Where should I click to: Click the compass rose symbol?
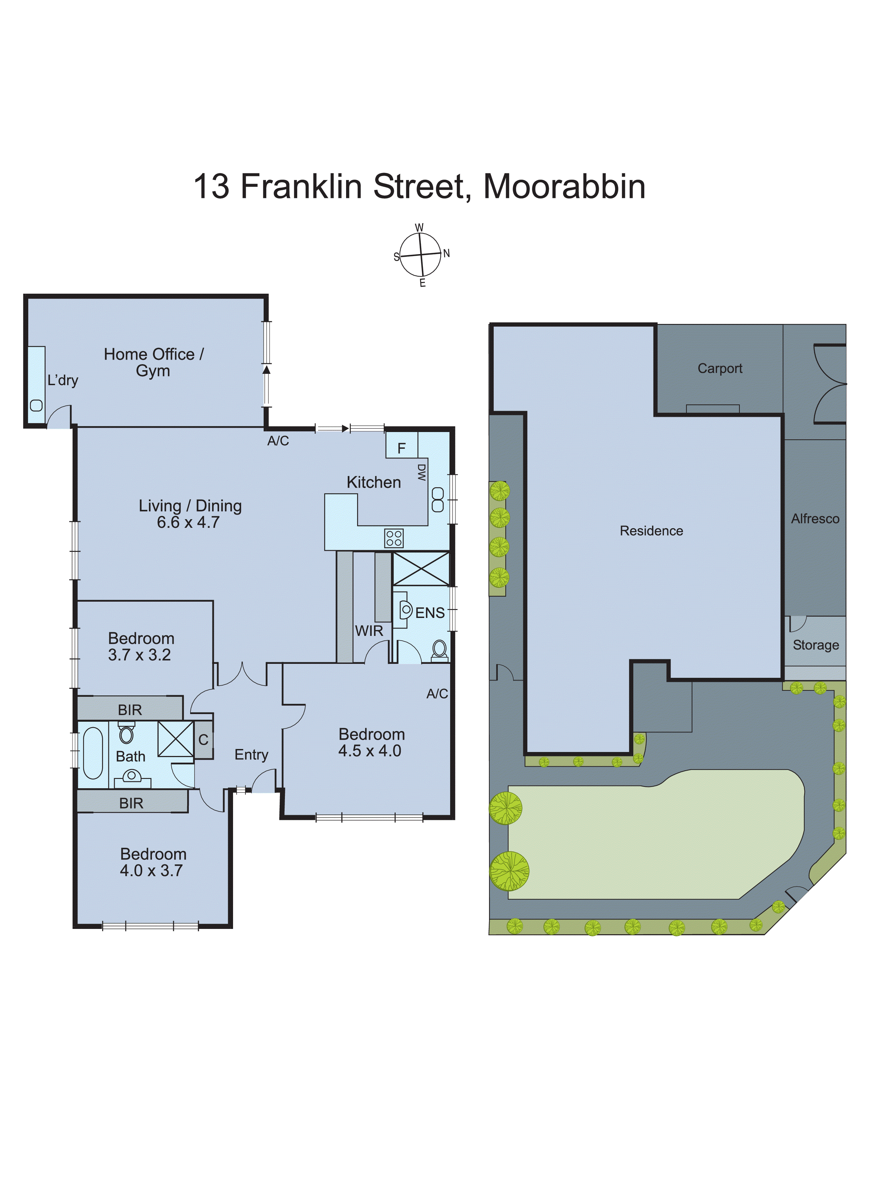click(x=421, y=255)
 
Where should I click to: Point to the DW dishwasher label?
click(x=421, y=473)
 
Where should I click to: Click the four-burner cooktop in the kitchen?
click(x=394, y=538)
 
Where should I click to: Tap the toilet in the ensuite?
click(x=440, y=650)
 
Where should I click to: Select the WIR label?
click(x=369, y=631)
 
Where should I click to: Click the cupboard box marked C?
click(x=203, y=739)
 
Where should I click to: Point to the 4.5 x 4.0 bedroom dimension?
click(x=370, y=751)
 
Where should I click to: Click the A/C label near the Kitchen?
click(x=278, y=441)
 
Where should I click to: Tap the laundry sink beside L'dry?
click(x=36, y=405)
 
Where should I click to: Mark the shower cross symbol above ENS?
click(x=421, y=569)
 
